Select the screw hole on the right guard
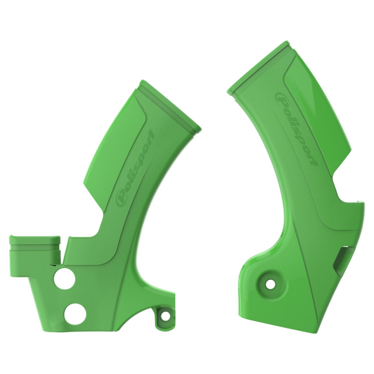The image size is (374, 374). coord(271,284)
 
